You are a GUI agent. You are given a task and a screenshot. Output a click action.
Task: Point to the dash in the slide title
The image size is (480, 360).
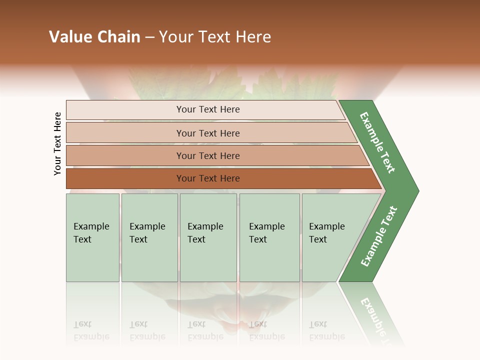tap(149, 37)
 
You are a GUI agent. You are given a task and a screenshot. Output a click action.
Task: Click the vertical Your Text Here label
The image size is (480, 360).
tap(57, 143)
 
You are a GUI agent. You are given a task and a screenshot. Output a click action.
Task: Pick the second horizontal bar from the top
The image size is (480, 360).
tap(208, 133)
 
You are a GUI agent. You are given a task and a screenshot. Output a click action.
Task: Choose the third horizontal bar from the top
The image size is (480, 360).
tap(208, 155)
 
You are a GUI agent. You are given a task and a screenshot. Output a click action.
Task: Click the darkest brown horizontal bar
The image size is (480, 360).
tap(208, 178)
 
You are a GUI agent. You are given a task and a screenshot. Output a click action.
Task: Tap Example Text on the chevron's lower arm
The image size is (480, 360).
tap(378, 236)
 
